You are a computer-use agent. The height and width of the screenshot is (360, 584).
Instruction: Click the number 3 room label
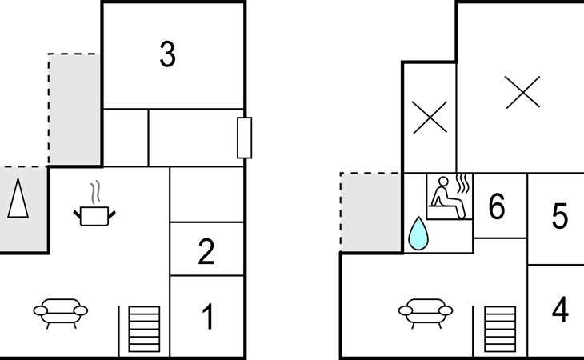tap(168, 54)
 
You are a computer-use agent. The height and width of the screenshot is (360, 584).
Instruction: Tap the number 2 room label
tap(206, 252)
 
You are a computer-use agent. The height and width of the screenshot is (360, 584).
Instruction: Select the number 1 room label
tap(208, 317)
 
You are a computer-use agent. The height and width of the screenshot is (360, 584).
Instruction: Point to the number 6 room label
tap(497, 206)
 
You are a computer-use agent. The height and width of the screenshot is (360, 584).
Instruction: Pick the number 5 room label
tap(560, 216)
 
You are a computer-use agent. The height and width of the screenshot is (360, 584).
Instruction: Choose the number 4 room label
tap(560, 310)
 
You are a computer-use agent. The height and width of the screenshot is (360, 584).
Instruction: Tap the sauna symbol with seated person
tap(450, 196)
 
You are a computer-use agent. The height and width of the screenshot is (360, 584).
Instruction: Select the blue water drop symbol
tap(418, 234)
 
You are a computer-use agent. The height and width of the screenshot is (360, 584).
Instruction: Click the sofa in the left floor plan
tap(61, 313)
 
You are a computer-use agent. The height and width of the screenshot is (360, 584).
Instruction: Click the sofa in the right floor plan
tap(426, 313)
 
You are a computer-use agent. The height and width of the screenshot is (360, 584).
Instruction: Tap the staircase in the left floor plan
tap(144, 329)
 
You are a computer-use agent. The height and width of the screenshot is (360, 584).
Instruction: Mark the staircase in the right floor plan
tap(500, 329)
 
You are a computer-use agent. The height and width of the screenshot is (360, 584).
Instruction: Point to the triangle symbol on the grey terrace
tap(18, 198)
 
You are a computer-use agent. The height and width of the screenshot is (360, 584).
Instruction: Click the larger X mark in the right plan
tap(523, 92)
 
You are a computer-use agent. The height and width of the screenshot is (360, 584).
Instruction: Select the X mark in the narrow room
tap(430, 118)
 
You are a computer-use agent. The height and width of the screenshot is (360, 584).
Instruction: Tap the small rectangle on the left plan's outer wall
tap(244, 138)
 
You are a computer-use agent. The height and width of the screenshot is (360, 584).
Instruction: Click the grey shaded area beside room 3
tap(74, 110)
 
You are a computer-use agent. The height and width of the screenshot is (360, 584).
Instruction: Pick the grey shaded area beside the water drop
tap(371, 212)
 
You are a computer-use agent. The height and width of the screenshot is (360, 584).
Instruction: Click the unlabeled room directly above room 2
tap(206, 194)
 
